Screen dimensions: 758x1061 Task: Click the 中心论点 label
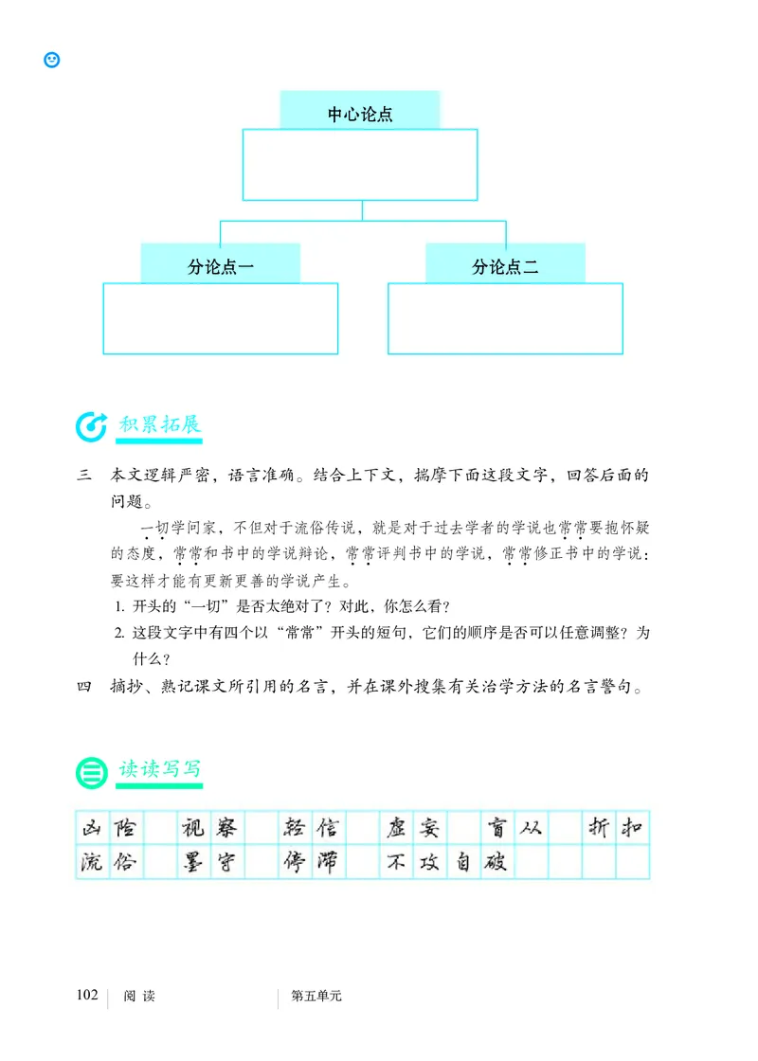[360, 115]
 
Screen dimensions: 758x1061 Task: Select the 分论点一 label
[221, 267]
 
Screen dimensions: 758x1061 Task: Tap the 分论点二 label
[505, 267]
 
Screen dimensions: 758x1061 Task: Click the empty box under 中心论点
[360, 165]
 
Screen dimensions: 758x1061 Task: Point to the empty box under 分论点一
[221, 318]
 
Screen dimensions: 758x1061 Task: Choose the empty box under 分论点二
[505, 318]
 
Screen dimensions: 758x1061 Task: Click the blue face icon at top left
[52, 59]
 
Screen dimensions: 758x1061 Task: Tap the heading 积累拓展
[160, 423]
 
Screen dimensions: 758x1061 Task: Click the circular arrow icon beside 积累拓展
[91, 426]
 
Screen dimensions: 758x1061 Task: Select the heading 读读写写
[160, 769]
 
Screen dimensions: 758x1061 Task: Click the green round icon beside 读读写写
[91, 772]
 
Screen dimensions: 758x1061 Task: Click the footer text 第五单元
[315, 996]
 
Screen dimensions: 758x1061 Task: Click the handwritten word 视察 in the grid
[211, 829]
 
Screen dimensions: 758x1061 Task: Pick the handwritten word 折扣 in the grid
[616, 829]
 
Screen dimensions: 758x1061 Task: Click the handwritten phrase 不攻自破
[445, 863]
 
